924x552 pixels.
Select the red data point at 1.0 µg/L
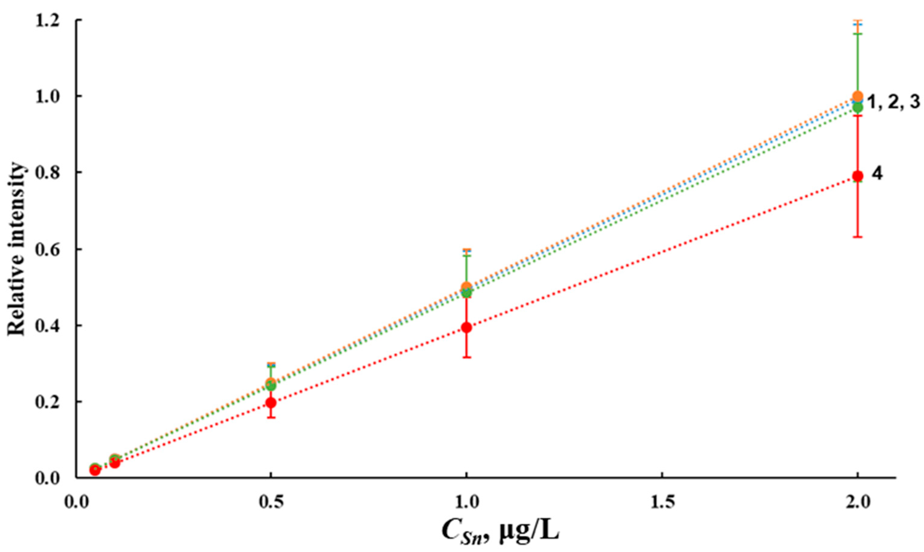click(x=466, y=327)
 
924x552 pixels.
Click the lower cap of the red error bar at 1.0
click(x=466, y=357)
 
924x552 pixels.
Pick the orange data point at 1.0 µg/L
click(x=466, y=287)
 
